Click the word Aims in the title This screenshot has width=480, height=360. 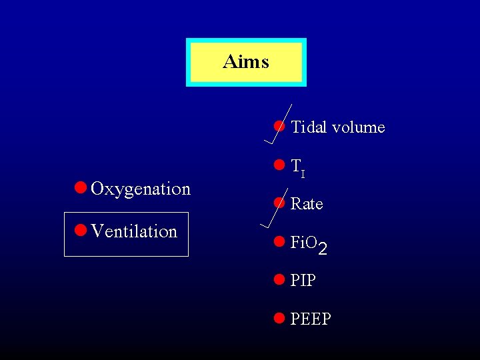(246, 62)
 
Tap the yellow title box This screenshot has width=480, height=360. (246, 62)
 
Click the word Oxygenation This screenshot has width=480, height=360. (141, 189)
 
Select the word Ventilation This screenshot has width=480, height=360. (134, 232)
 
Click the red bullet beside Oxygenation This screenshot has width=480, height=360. (80, 188)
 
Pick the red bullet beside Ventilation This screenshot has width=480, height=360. (80, 231)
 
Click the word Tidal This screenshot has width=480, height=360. (310, 127)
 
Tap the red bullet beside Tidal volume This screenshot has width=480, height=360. (279, 126)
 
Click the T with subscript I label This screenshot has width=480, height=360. (298, 167)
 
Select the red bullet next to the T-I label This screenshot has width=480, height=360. (279, 165)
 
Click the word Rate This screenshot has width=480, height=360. (307, 204)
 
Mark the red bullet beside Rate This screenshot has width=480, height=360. (279, 203)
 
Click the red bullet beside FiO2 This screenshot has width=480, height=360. (279, 242)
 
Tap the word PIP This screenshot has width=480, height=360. (303, 281)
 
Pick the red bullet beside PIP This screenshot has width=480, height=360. (279, 280)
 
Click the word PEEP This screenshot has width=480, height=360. (311, 319)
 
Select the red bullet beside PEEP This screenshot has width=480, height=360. (279, 318)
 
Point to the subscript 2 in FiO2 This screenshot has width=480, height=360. (323, 249)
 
